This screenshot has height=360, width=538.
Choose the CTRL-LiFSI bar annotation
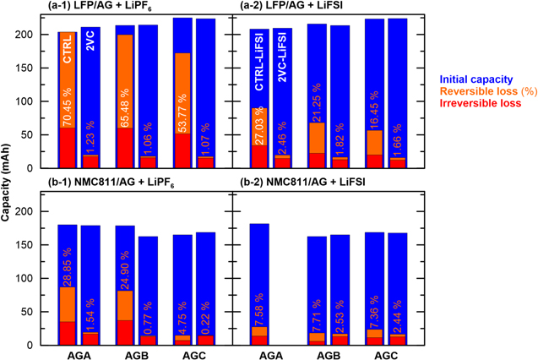point(260,62)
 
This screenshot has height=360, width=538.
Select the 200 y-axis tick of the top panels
point(32,35)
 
